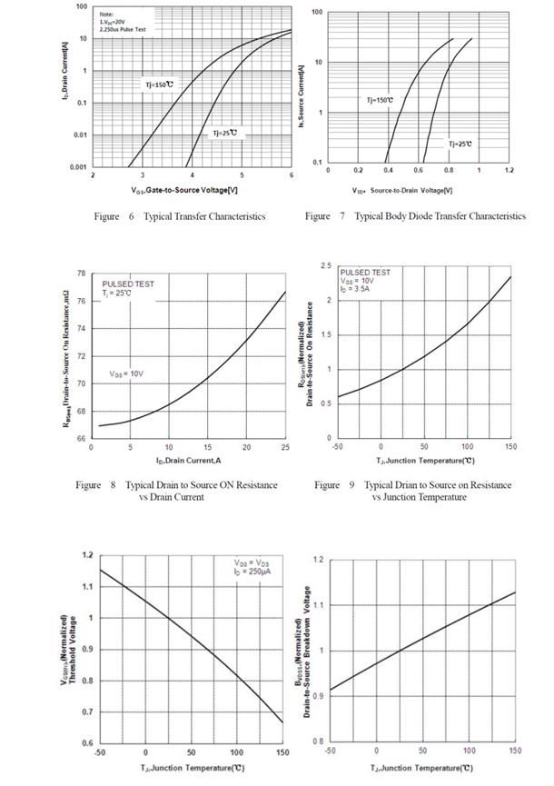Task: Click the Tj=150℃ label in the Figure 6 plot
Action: pyautogui.click(x=156, y=84)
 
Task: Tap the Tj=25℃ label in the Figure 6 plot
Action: pyautogui.click(x=223, y=133)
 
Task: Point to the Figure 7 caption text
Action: pyautogui.click(x=415, y=216)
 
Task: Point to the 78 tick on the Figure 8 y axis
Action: pyautogui.click(x=82, y=274)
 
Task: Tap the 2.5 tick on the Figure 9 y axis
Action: pyautogui.click(x=324, y=265)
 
